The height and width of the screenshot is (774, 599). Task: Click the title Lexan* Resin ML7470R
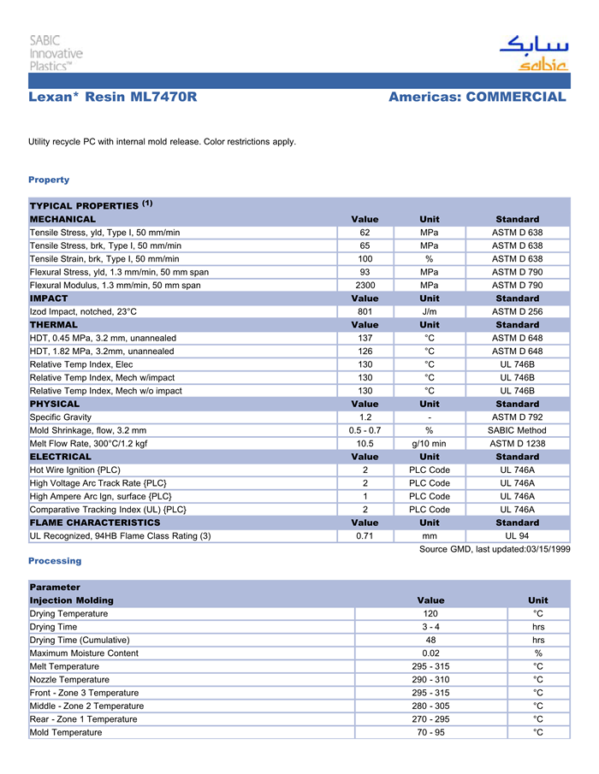(113, 97)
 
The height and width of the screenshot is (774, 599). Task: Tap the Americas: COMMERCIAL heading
(477, 97)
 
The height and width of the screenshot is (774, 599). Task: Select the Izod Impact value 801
(365, 311)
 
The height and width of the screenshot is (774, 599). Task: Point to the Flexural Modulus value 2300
(365, 285)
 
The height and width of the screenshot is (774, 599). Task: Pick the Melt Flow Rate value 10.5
(365, 443)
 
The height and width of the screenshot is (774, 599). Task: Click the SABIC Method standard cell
(517, 430)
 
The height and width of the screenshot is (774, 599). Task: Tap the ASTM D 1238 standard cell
(517, 443)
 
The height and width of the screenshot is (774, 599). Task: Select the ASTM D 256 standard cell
(517, 311)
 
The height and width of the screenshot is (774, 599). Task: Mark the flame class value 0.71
(365, 535)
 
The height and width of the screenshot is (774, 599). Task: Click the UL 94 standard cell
(517, 535)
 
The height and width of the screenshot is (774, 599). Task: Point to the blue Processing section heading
(55, 561)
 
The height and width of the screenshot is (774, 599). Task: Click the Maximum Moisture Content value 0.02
(430, 653)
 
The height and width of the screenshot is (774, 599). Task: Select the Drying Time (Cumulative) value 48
(430, 640)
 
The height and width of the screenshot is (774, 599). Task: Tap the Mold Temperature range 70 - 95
(430, 732)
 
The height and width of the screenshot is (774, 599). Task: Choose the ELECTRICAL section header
(61, 457)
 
